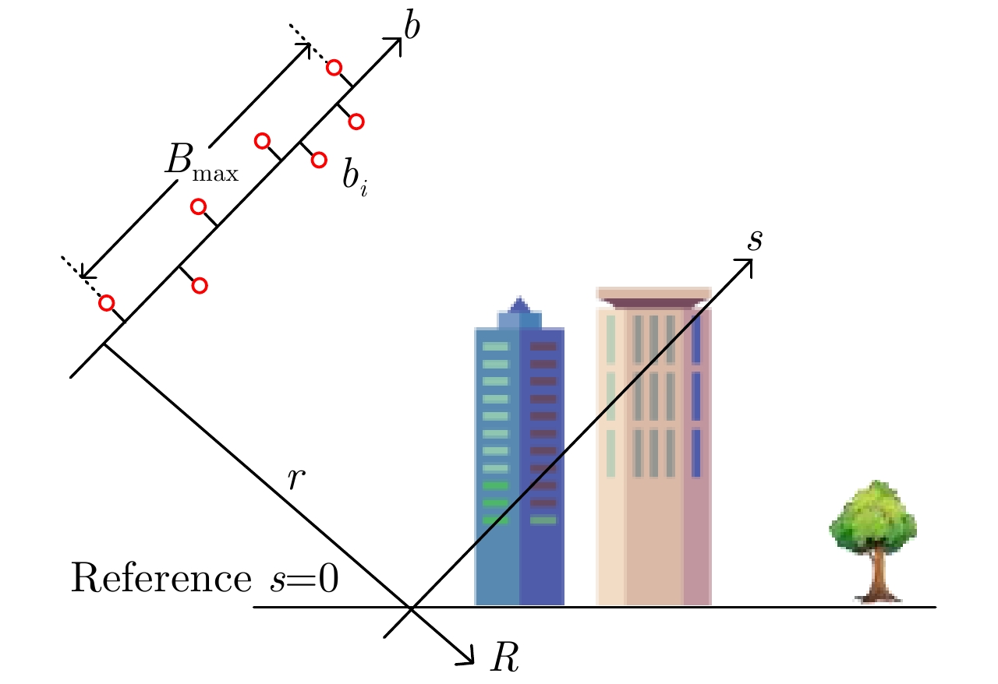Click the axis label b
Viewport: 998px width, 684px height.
coord(412,26)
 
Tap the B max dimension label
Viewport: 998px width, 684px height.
coord(202,162)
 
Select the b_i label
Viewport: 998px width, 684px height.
coord(355,178)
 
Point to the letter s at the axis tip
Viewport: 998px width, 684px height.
coord(755,241)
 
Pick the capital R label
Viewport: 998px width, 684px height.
coord(504,657)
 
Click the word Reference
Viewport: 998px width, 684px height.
coord(161,577)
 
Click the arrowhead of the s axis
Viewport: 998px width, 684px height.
coord(745,266)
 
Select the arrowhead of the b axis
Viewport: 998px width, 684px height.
coord(395,45)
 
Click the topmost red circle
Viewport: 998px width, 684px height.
coord(334,68)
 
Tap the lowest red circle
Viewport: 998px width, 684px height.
coord(107,303)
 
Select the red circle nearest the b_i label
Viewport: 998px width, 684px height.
coord(319,160)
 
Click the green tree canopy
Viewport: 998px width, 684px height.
coord(873,517)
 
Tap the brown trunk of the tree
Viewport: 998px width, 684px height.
coord(878,577)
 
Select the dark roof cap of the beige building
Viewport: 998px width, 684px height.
coord(653,303)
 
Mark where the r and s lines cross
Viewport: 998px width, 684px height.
coord(411,607)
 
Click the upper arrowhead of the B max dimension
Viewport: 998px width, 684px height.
coord(304,49)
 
